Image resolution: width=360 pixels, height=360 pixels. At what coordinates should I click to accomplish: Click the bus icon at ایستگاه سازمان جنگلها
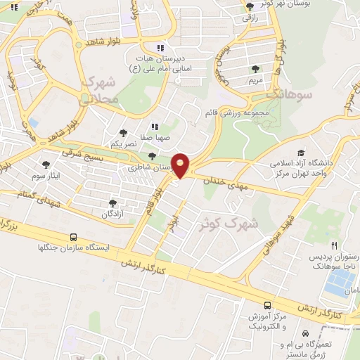[74, 238]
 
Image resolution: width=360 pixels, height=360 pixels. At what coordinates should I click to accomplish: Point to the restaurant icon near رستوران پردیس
[335, 246]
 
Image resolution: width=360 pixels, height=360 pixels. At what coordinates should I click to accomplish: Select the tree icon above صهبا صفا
[123, 131]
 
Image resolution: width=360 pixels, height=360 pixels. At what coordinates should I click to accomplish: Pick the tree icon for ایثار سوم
[46, 162]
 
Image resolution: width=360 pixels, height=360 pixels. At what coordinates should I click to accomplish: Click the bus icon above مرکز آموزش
[266, 305]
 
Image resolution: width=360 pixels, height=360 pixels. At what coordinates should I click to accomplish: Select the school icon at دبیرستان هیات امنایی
[160, 49]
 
